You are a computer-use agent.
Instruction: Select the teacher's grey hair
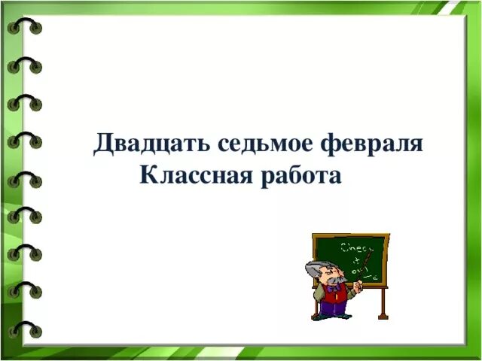point(315,271)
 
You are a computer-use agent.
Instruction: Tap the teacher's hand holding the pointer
point(358,284)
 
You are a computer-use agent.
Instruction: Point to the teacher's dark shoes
point(324,317)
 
